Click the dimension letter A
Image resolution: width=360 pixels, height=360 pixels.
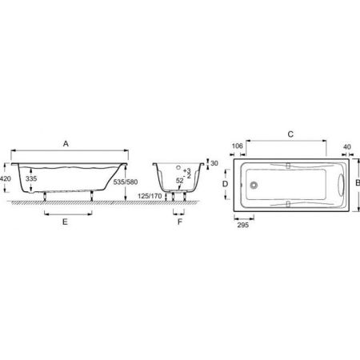tap(66, 144)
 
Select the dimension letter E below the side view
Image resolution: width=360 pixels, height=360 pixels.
tap(65, 222)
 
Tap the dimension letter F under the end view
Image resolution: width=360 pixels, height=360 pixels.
tap(180, 222)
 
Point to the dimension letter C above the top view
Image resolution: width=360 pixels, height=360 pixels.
tap(290, 134)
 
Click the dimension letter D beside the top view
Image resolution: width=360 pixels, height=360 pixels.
tap(226, 184)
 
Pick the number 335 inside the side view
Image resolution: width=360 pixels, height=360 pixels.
tap(31, 178)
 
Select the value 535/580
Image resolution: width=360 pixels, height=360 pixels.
tap(126, 182)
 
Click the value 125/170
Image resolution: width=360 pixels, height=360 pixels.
tap(150, 196)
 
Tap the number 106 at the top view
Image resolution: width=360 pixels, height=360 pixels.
tap(238, 146)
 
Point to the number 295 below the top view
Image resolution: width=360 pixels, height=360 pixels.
tap(243, 225)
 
